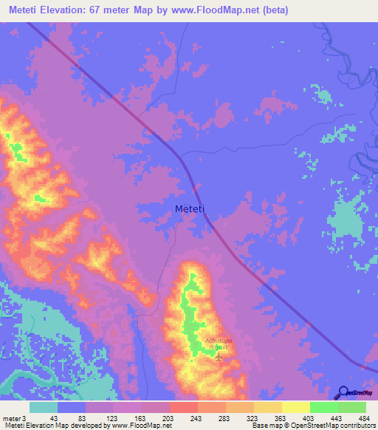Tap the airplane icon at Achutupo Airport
click(219, 356)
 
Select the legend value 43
click(53, 417)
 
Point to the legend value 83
click(81, 417)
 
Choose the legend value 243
click(195, 417)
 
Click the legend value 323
click(252, 417)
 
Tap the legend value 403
click(308, 417)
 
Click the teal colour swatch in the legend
click(44, 407)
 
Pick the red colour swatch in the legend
click(183, 407)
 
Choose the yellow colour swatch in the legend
click(295, 407)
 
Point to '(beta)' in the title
click(273, 10)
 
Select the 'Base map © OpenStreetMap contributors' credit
click(313, 426)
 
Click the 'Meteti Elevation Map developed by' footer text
click(53, 426)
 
